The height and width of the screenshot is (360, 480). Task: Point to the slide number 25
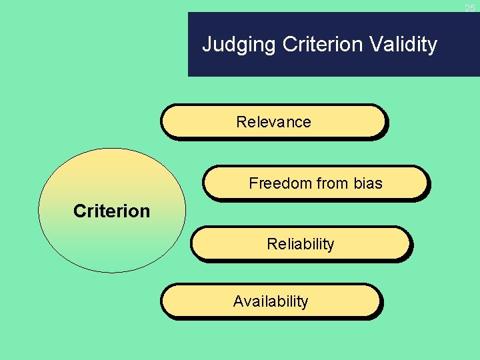pyautogui.click(x=470, y=7)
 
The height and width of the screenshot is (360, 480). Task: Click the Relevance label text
pyautogui.click(x=273, y=122)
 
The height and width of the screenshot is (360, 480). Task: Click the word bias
pyautogui.click(x=368, y=183)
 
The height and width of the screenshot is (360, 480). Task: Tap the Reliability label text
pyautogui.click(x=300, y=244)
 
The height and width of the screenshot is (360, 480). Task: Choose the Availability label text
pyautogui.click(x=271, y=301)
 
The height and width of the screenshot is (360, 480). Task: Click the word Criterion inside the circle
pyautogui.click(x=111, y=211)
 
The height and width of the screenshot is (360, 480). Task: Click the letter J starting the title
pyautogui.click(x=207, y=45)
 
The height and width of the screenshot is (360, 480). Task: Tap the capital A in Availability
pyautogui.click(x=238, y=301)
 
